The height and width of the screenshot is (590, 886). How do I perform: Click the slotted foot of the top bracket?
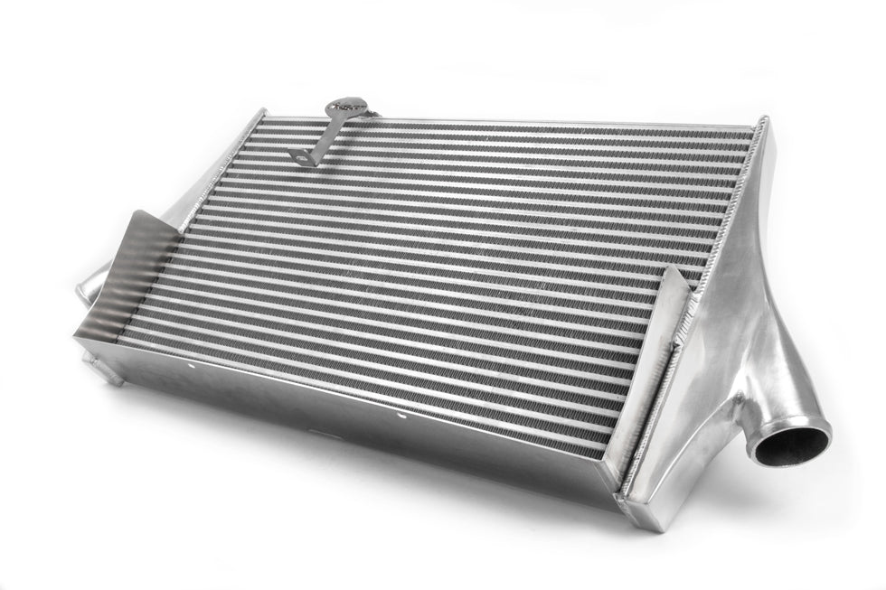click(x=301, y=157)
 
